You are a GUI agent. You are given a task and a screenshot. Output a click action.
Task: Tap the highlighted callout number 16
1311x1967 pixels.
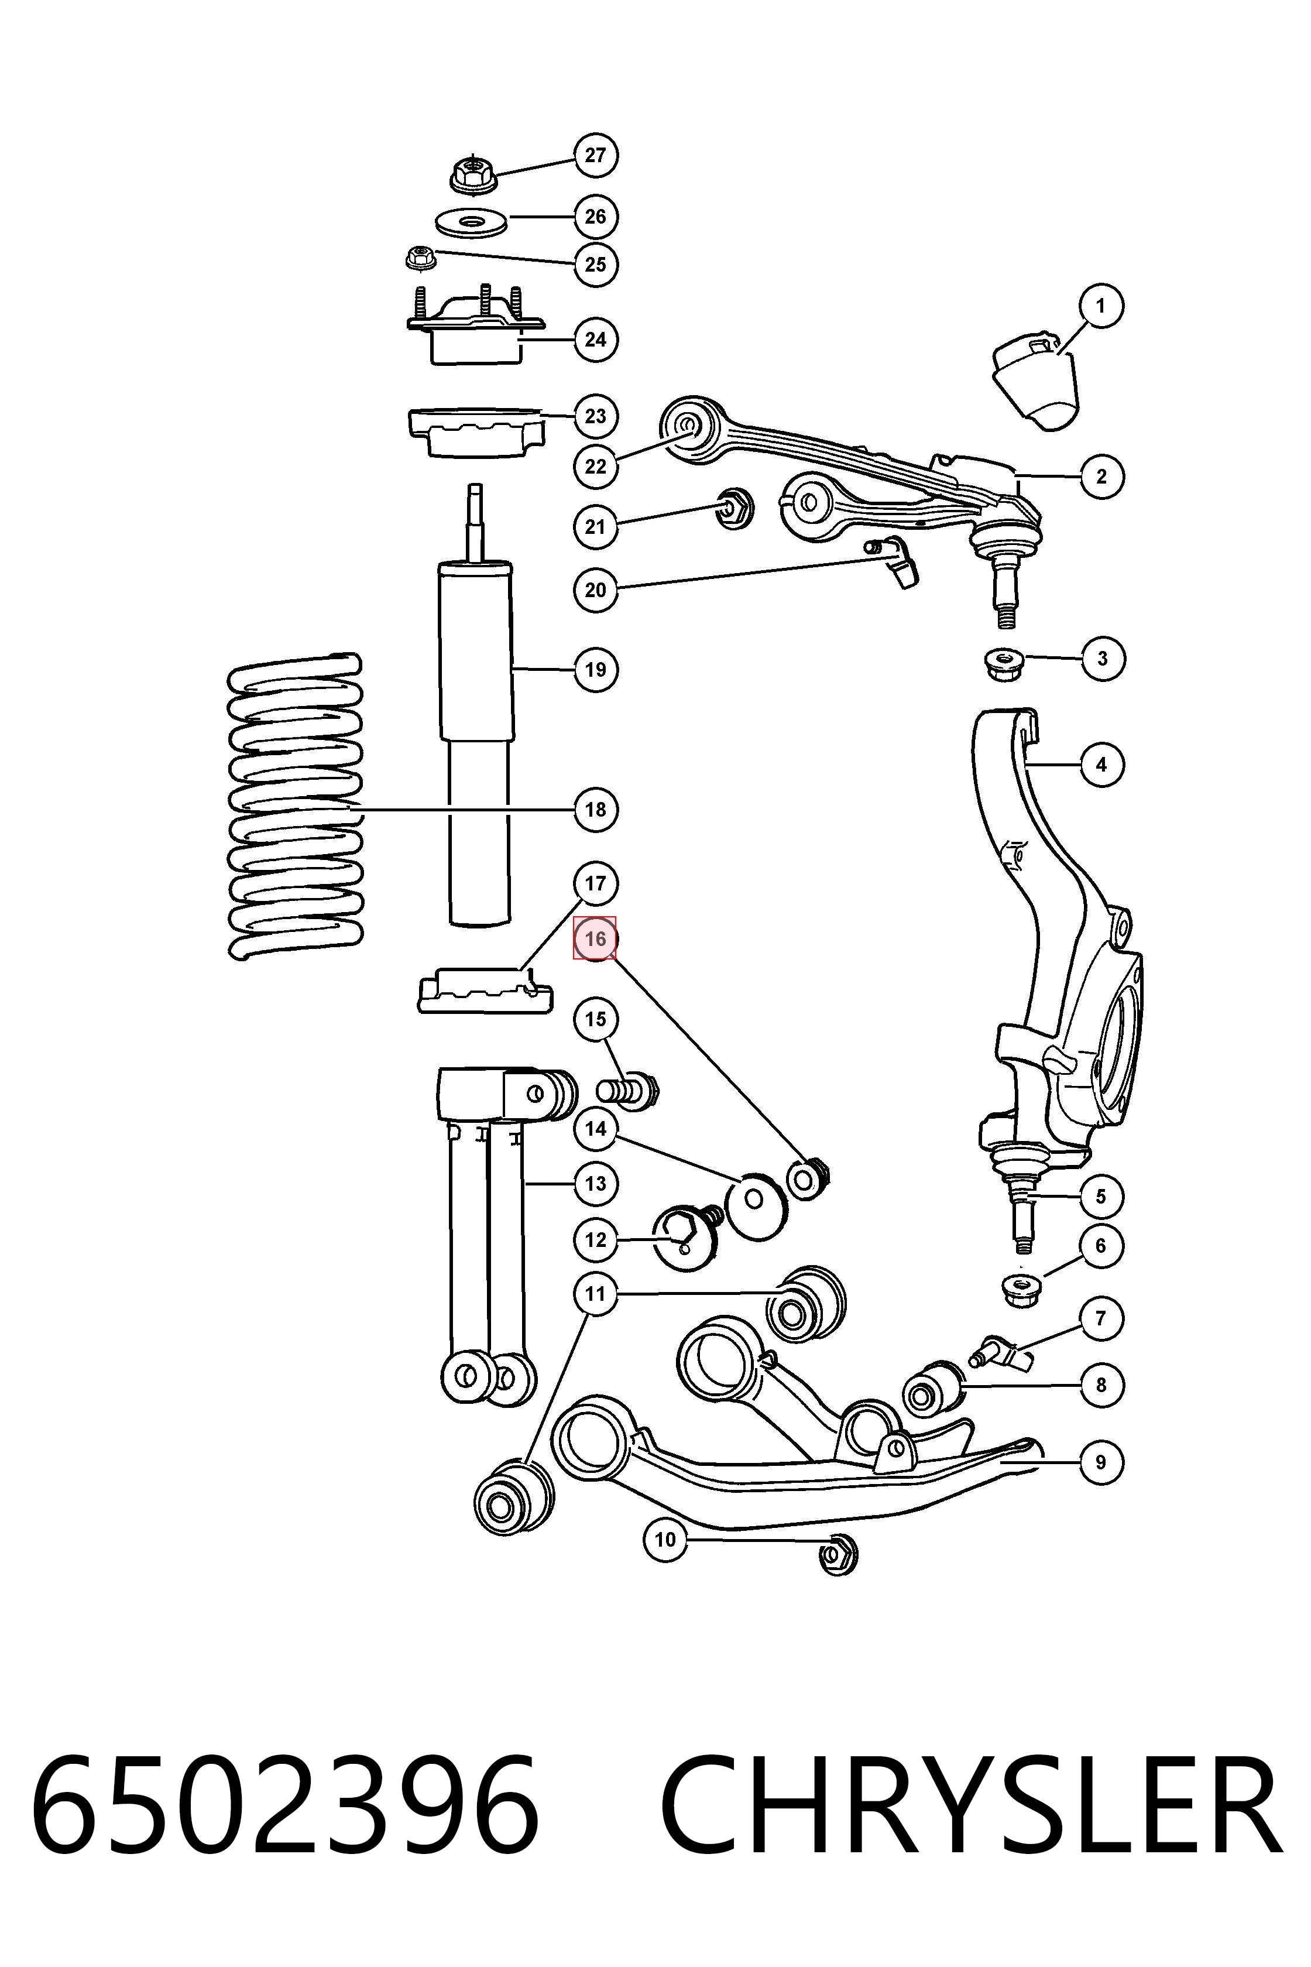tap(595, 938)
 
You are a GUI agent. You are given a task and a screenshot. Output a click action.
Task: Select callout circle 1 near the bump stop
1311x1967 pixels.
tap(1100, 306)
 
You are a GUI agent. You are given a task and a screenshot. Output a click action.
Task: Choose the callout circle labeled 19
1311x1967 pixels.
tap(595, 669)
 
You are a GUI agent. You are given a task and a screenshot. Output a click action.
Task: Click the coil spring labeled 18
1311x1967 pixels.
tap(295, 806)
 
